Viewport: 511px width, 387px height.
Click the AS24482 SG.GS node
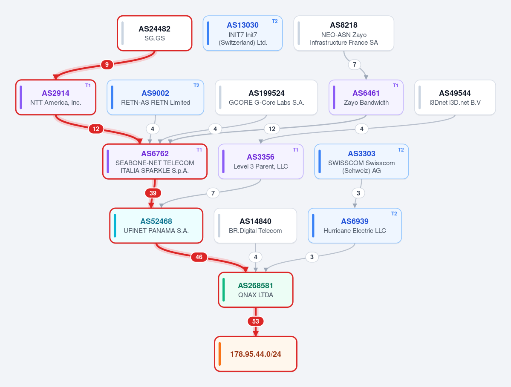(154, 33)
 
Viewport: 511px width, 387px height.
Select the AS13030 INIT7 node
(243, 33)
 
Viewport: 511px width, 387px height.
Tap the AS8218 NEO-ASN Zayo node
(344, 33)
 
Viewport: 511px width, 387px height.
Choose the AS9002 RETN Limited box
(156, 97)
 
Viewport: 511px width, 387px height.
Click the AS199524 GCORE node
(266, 97)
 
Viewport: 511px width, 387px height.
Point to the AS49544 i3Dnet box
(455, 97)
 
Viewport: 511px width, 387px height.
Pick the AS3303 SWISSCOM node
(361, 161)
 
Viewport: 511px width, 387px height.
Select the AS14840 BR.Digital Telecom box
(255, 226)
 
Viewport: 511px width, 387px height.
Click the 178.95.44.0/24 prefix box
(256, 354)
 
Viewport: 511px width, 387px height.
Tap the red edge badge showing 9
(107, 64)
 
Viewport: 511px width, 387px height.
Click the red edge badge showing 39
(153, 193)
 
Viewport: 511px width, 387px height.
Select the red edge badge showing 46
(199, 257)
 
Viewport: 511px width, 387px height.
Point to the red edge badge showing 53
(256, 321)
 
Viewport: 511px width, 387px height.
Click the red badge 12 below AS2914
(96, 129)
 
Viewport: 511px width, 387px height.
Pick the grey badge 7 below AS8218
(355, 64)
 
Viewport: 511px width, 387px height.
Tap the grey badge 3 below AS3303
(358, 193)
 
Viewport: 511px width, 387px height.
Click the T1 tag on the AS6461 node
(396, 86)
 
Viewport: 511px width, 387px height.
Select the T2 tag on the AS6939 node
(394, 214)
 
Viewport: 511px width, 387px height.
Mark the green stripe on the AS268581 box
(224, 290)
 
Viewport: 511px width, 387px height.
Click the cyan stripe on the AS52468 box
(115, 226)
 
